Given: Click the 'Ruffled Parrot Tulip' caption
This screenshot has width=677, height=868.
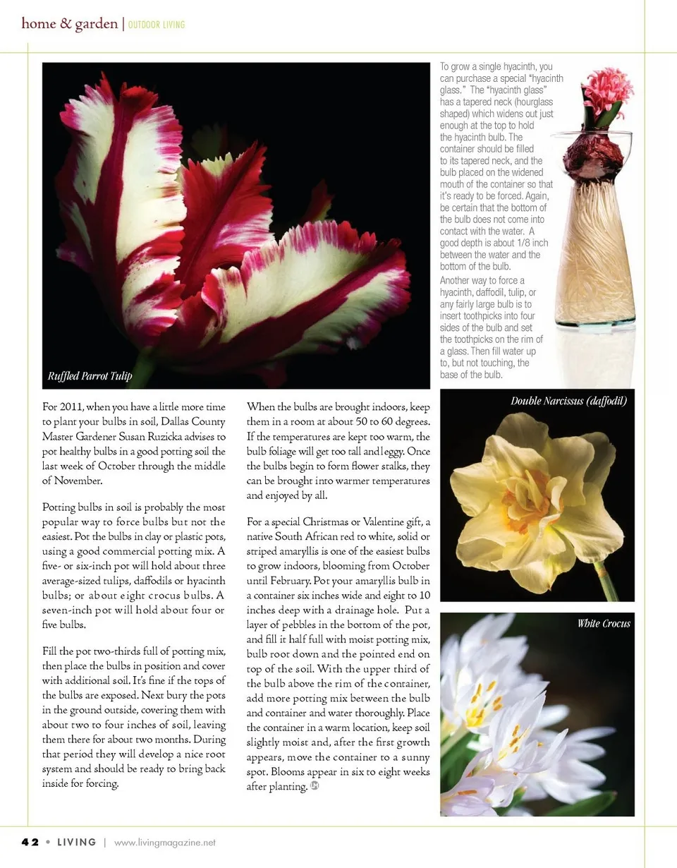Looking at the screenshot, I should click(90, 376).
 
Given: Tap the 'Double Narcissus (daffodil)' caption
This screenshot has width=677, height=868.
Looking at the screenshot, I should click(568, 402).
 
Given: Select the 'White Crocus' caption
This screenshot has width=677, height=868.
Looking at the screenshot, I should click(604, 623).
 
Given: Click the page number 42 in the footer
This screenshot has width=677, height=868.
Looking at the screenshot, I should click(29, 842).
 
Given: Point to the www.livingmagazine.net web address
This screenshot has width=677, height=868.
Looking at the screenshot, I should click(164, 842).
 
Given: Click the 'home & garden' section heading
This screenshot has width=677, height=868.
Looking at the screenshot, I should click(70, 24).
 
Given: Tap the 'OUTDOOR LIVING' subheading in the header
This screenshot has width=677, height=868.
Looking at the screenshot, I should click(157, 25).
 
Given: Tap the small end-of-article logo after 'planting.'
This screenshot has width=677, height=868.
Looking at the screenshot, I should click(315, 788).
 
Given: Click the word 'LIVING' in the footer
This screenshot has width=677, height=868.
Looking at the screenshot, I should click(77, 842).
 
